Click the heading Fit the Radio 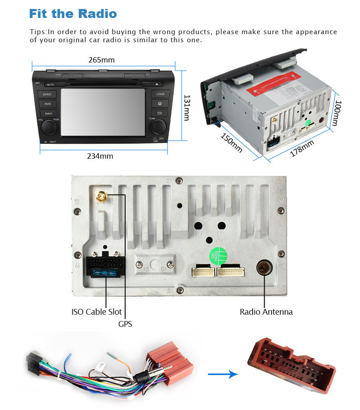point(73,13)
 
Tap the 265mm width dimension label point(101,60)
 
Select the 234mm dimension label point(100,156)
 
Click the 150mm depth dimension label point(231,143)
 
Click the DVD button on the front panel point(47,104)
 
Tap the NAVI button point(48,114)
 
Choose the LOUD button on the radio point(160,94)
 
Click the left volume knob point(49,128)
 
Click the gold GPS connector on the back point(101,196)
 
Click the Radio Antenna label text point(266,312)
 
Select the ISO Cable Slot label point(96,312)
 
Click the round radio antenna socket point(263,268)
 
